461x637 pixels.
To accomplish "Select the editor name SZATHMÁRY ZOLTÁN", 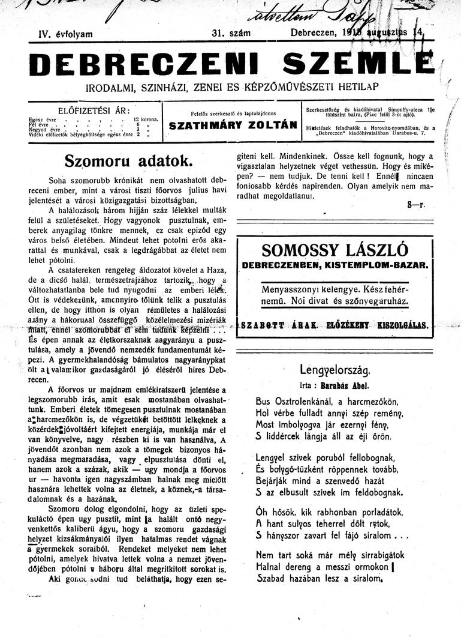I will point(233,126).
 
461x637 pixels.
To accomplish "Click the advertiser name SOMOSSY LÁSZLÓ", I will point(335,250).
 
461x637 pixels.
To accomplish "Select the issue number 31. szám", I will point(231,34).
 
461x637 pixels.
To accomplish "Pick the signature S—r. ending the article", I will point(415,205).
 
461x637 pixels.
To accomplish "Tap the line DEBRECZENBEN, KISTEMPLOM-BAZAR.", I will point(335,265).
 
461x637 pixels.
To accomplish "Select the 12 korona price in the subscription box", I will point(146,119).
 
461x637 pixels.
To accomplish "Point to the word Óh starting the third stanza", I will point(263,510).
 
